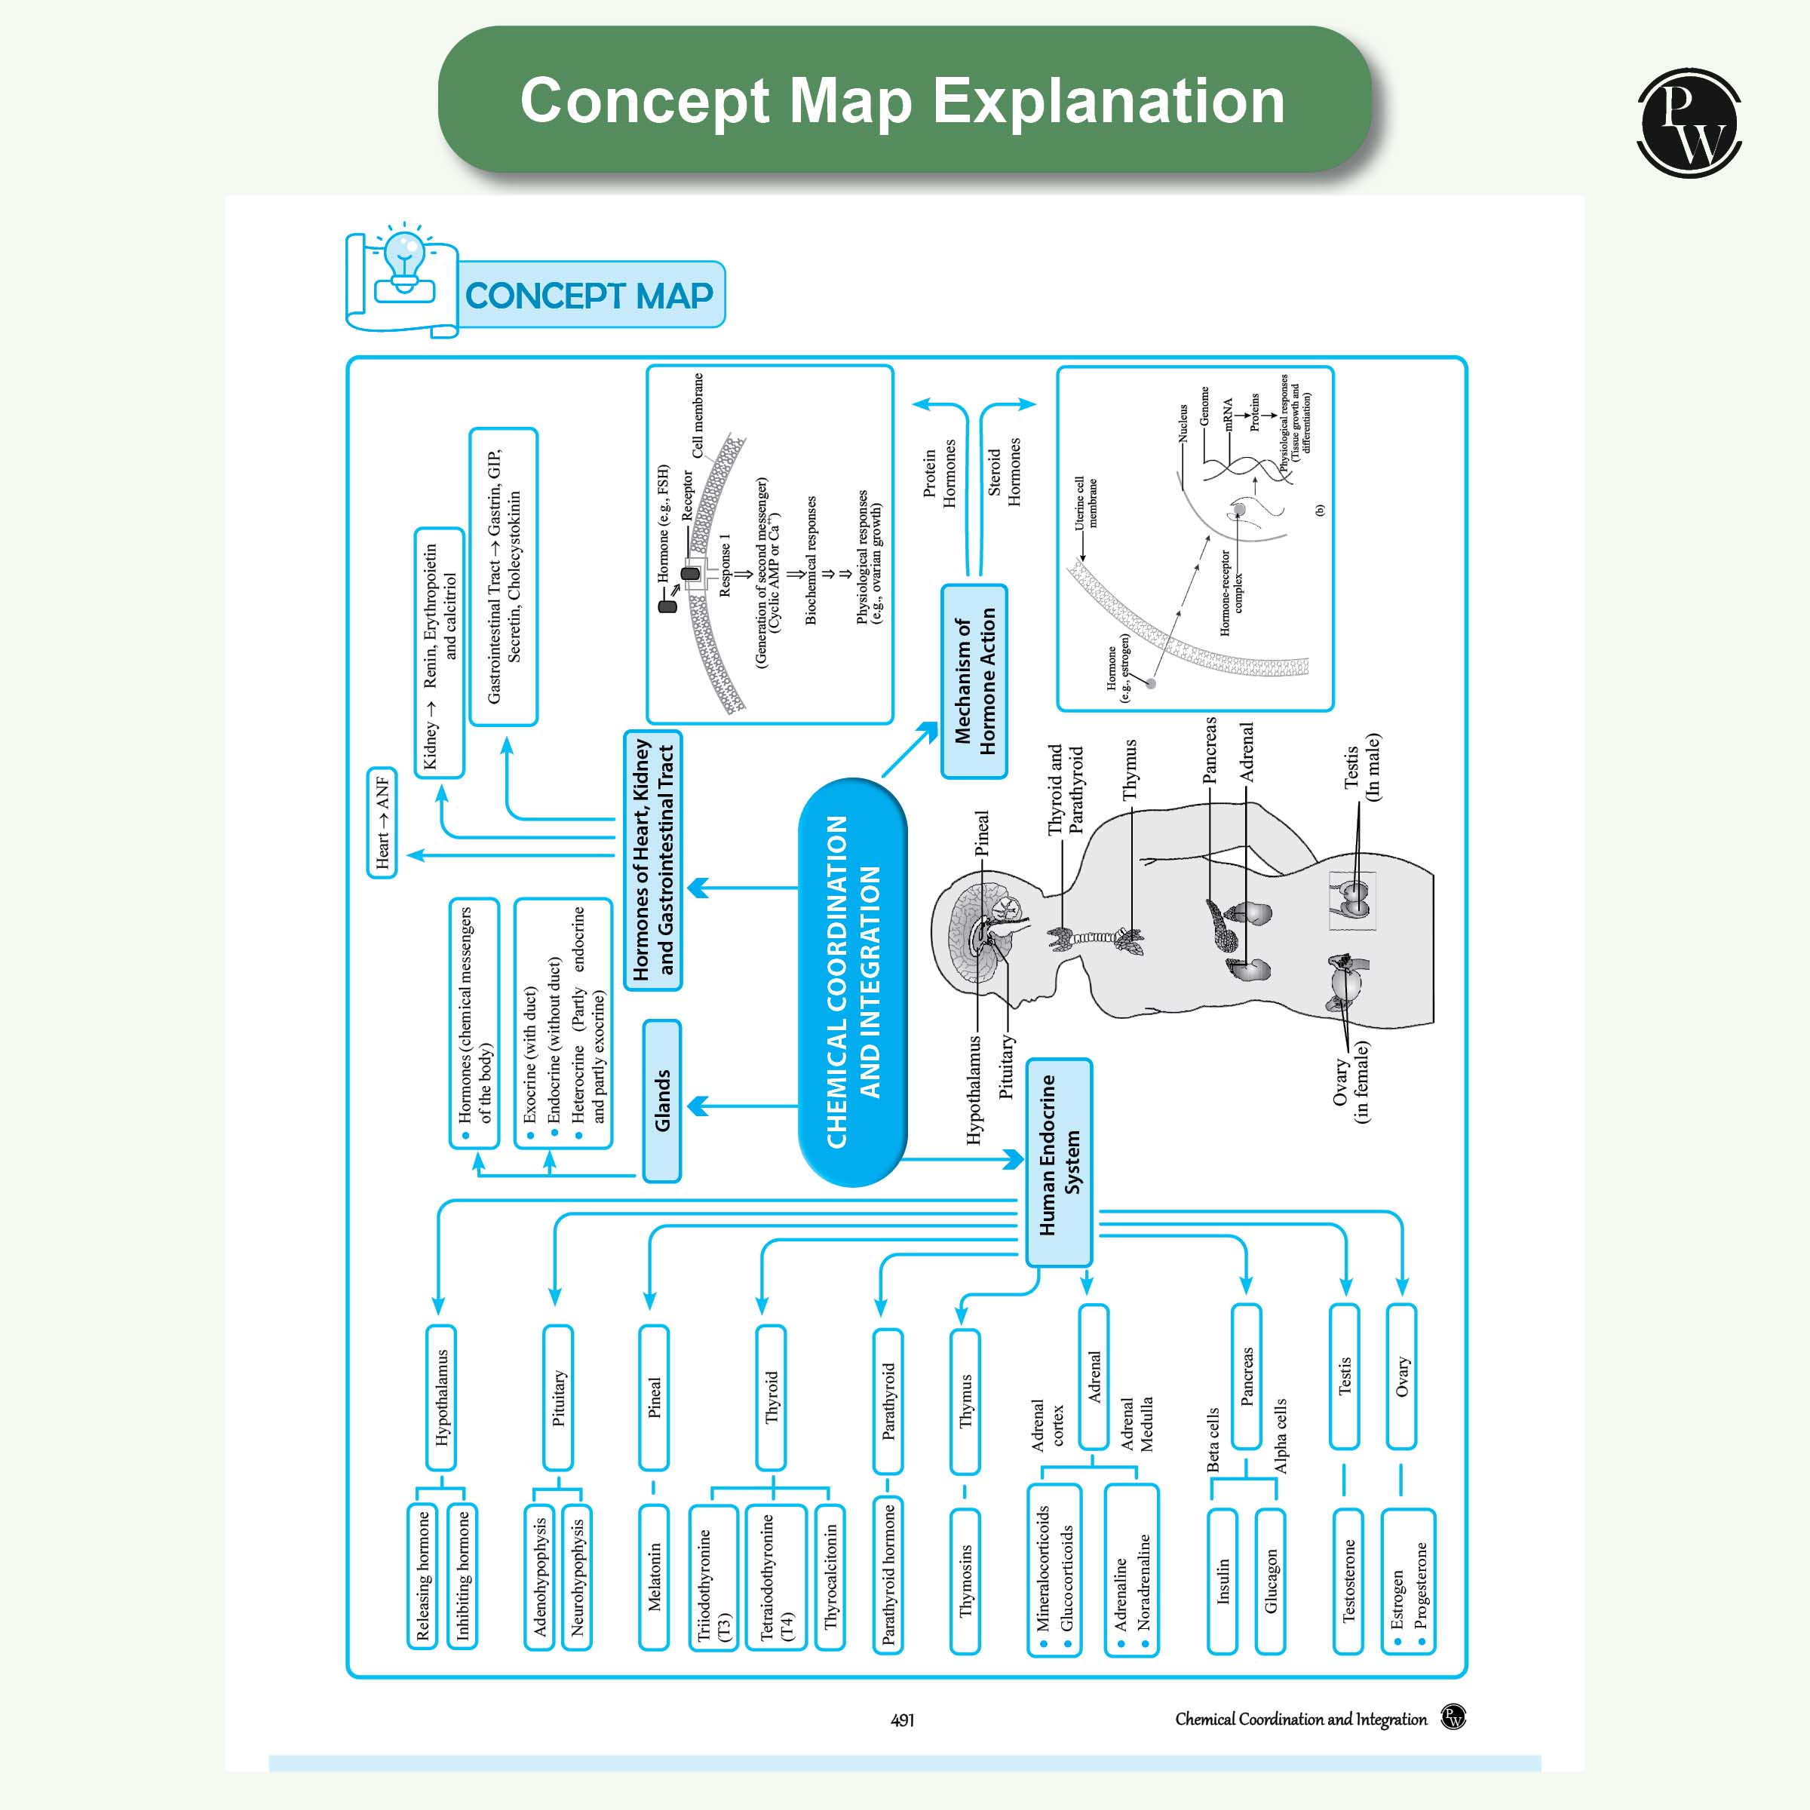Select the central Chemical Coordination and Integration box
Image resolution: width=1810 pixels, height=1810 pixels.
(x=851, y=982)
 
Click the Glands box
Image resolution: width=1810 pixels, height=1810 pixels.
(x=661, y=1101)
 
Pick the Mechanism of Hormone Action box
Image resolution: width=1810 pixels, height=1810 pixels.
(x=974, y=681)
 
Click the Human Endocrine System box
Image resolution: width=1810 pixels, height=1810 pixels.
(x=1059, y=1161)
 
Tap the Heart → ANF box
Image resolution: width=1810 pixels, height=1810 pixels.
(x=382, y=823)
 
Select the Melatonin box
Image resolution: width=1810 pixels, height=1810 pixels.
(x=654, y=1577)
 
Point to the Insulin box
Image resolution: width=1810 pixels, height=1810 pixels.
(x=1223, y=1581)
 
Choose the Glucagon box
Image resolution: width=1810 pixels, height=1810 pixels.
(x=1269, y=1581)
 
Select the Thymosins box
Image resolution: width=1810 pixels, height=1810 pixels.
(x=965, y=1581)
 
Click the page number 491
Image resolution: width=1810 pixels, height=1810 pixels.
(x=902, y=1720)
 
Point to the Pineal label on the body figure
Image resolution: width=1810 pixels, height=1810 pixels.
(x=981, y=833)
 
